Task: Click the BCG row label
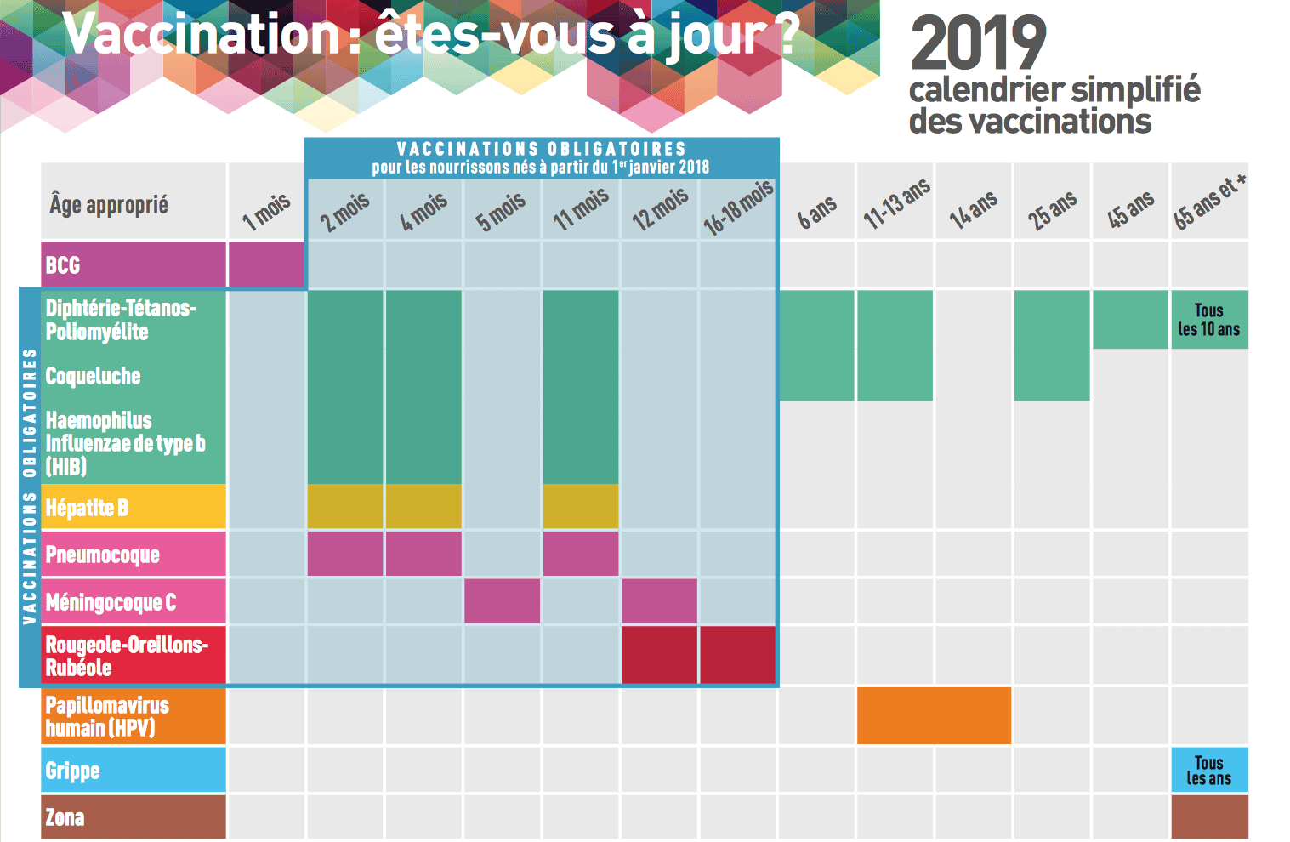(63, 265)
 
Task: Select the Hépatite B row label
(87, 508)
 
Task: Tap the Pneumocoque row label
(102, 555)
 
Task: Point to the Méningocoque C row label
(111, 602)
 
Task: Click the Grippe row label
(73, 771)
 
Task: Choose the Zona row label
(65, 817)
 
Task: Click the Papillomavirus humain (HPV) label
(107, 716)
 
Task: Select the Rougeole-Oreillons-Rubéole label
(126, 656)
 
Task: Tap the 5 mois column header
(501, 211)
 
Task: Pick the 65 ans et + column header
(1210, 202)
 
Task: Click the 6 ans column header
(817, 212)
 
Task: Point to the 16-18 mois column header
(738, 208)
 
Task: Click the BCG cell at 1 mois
(266, 265)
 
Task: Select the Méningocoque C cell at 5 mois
(502, 601)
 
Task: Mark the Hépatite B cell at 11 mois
(581, 507)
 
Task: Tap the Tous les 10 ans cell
(1209, 320)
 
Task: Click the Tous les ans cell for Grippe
(1209, 770)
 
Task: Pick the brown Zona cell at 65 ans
(1209, 816)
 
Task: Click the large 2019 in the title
(978, 44)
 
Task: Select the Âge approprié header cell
(109, 205)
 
